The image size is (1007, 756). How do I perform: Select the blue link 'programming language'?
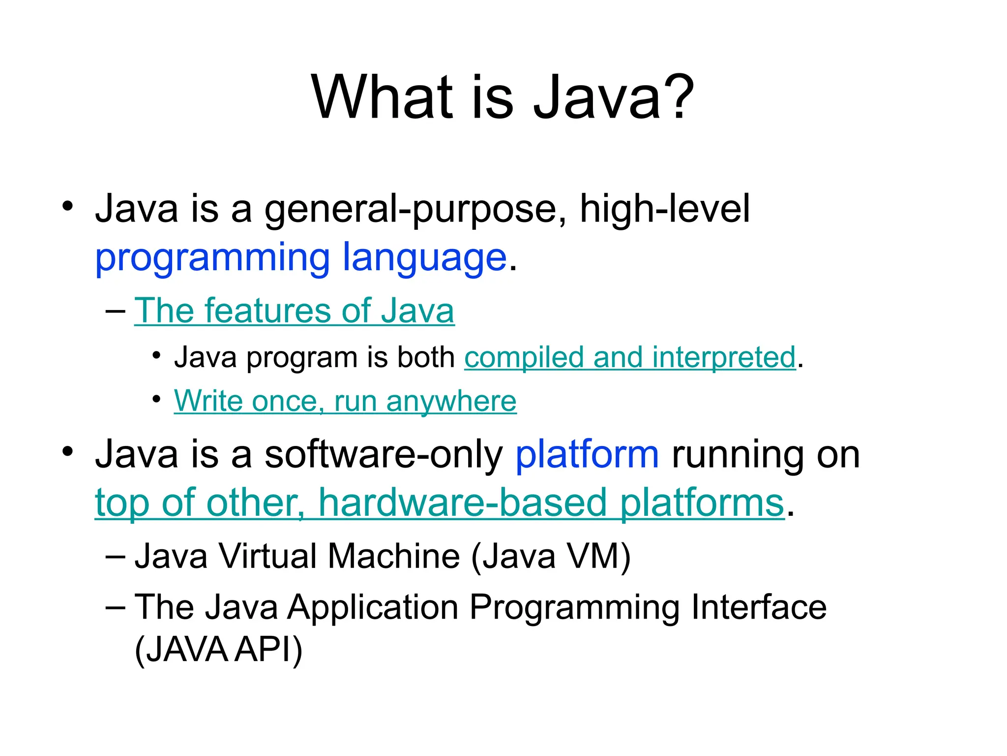[x=300, y=257]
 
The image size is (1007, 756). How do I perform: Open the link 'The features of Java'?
[x=294, y=311]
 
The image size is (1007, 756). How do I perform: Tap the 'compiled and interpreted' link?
[x=630, y=357]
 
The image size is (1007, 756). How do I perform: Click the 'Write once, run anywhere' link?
[x=345, y=401]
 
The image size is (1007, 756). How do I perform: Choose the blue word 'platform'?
[x=587, y=454]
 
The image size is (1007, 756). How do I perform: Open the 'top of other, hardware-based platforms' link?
[x=439, y=503]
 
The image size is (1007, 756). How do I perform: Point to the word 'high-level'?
[x=665, y=208]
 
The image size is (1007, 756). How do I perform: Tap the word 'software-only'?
[x=384, y=454]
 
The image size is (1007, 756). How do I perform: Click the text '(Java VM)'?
[x=551, y=556]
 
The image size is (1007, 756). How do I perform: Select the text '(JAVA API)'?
[x=218, y=650]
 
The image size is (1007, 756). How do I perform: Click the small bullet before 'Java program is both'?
[x=156, y=355]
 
